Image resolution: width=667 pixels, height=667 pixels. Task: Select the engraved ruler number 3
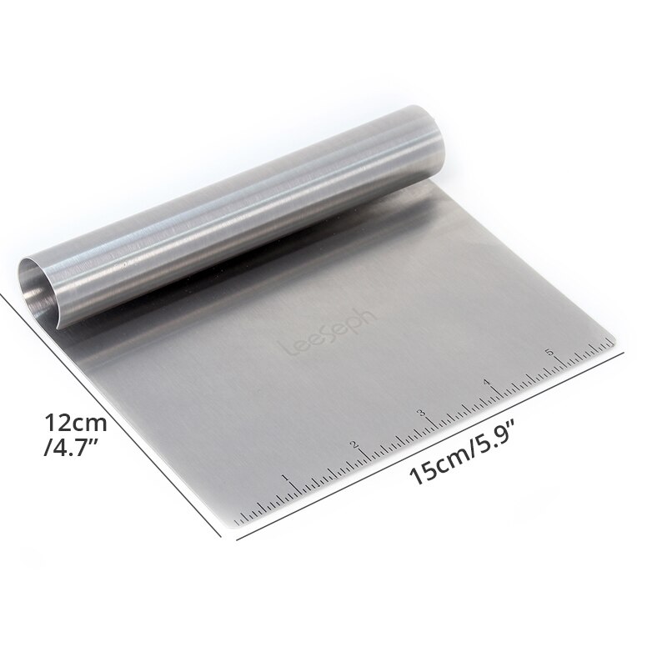[422, 413]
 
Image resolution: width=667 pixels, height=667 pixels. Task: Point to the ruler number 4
[488, 384]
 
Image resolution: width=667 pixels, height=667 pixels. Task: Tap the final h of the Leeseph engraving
[372, 311]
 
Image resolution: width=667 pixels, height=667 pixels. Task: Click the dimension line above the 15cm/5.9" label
[434, 442]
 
